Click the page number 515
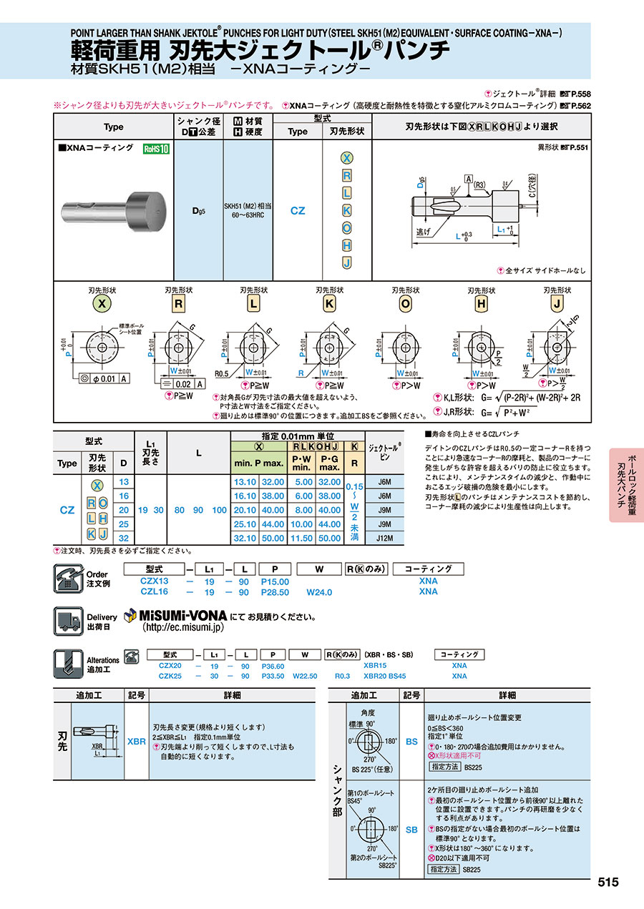(608, 882)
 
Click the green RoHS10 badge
(157, 149)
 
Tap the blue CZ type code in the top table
(298, 210)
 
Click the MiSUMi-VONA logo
(175, 615)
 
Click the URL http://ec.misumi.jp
(183, 627)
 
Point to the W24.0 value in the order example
(320, 592)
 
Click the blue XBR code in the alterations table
(136, 742)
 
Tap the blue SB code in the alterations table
(411, 830)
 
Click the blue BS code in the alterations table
(411, 742)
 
